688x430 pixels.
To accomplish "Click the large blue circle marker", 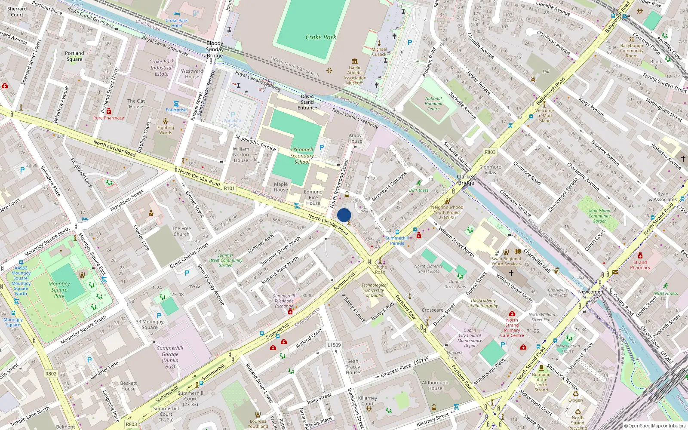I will coord(344,215).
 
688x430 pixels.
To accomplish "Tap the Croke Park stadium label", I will coord(321,37).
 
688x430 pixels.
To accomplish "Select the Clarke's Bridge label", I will coord(466,180).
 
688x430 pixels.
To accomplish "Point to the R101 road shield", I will coord(229,188).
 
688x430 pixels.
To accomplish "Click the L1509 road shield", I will coord(334,345).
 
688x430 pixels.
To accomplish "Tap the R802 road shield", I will coord(51,374).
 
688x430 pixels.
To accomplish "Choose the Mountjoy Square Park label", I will coord(59,289).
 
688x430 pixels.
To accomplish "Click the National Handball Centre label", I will coord(433,104).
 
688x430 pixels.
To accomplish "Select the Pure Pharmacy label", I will coord(108,118).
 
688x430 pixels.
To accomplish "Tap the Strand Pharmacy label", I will coord(640,265).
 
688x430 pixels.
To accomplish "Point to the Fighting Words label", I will coord(166,130).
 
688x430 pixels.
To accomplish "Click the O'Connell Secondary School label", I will coord(302,156).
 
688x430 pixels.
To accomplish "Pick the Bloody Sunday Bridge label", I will coord(215,49).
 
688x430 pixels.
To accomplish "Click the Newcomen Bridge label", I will coord(590,295).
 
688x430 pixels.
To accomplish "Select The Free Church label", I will coord(181,231).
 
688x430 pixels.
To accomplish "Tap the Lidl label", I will coord(546,72).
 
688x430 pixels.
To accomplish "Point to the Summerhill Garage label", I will coord(170,357).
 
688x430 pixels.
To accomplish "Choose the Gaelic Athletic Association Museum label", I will coord(355,75).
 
